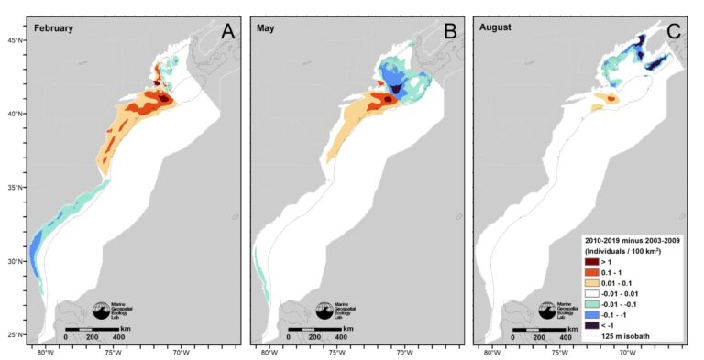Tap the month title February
(53, 28)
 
